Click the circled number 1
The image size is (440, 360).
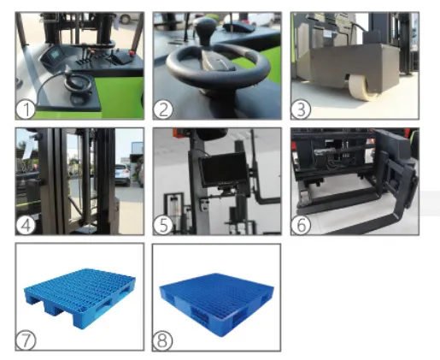pos(27,108)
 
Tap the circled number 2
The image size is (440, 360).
pos(164,108)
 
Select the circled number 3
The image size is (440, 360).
pos(302,108)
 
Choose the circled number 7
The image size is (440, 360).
pos(27,339)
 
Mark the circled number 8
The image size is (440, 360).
pos(164,339)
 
